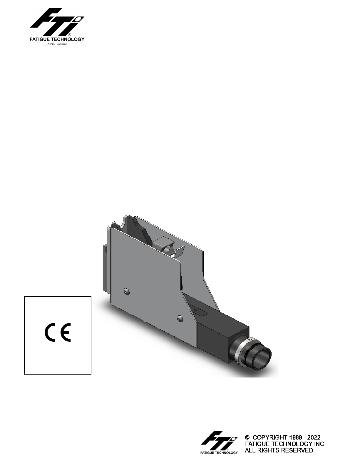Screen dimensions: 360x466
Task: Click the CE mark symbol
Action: click(58, 332)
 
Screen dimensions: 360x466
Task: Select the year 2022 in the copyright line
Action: click(314, 437)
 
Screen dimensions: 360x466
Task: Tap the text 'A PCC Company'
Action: click(57, 44)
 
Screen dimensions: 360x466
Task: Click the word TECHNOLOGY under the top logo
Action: click(68, 39)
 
